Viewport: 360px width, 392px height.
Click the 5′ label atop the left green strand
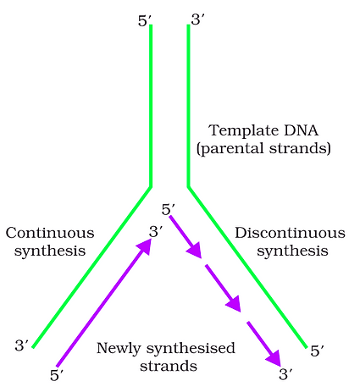143,20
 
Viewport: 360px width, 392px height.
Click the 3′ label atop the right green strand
197,19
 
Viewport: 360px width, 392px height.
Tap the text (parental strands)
263,148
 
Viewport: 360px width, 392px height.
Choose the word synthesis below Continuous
50,251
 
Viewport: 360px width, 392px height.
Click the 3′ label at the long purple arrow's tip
156,230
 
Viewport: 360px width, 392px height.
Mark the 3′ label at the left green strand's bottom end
22,345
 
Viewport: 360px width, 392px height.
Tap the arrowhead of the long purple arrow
146,245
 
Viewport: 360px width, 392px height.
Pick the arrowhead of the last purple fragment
274,359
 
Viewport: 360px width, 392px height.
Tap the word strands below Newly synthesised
168,367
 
